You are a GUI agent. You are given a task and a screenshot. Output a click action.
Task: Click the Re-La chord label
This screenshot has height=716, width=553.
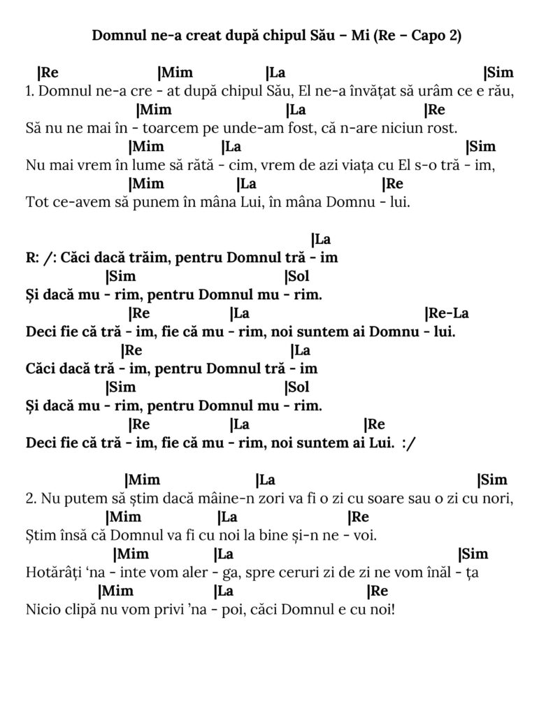446,313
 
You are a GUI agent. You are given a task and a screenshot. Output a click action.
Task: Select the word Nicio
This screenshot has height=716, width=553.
41,610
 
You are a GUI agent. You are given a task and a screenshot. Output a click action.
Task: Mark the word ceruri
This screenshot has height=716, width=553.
308,573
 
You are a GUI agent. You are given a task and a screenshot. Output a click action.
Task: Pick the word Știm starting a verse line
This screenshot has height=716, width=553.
40,536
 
